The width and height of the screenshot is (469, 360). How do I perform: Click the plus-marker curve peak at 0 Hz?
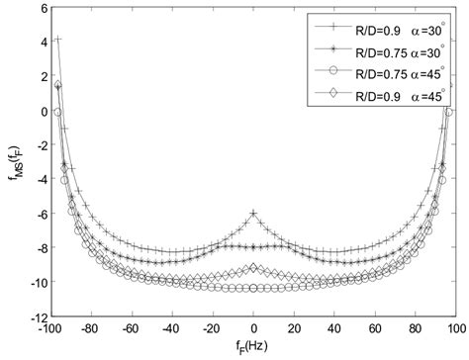(254, 213)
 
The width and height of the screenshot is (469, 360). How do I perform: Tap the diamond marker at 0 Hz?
(254, 268)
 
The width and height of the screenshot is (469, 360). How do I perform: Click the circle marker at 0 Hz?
(254, 287)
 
